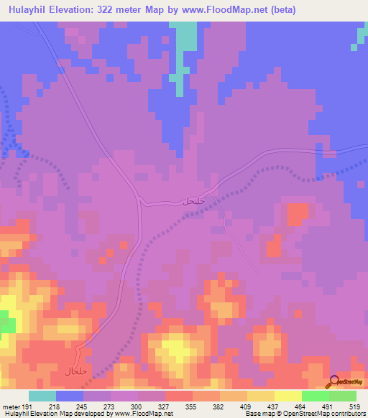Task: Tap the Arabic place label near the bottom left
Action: click(76, 371)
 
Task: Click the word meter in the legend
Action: click(10, 406)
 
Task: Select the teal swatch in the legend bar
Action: click(42, 396)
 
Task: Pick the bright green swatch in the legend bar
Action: click(316, 396)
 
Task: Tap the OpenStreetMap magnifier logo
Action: click(333, 383)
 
